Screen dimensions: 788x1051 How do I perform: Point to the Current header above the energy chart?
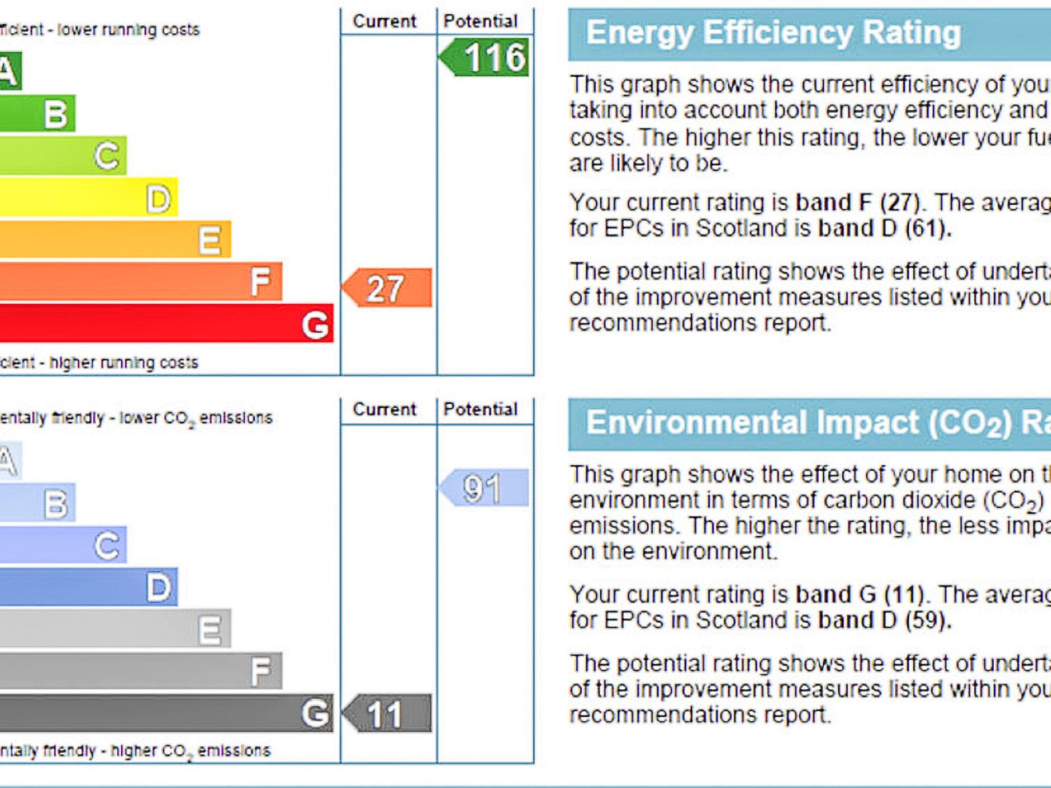pyautogui.click(x=384, y=22)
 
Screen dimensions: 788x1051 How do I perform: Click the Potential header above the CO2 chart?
pyautogui.click(x=480, y=409)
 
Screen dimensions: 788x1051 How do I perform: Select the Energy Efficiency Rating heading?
pyautogui.click(x=773, y=33)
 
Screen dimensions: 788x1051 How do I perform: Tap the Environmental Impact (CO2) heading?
pyautogui.click(x=816, y=423)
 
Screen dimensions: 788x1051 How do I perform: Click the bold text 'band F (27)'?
pyautogui.click(x=857, y=203)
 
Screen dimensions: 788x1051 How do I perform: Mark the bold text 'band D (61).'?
pyautogui.click(x=885, y=228)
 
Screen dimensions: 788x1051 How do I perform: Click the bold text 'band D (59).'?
pyautogui.click(x=885, y=620)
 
